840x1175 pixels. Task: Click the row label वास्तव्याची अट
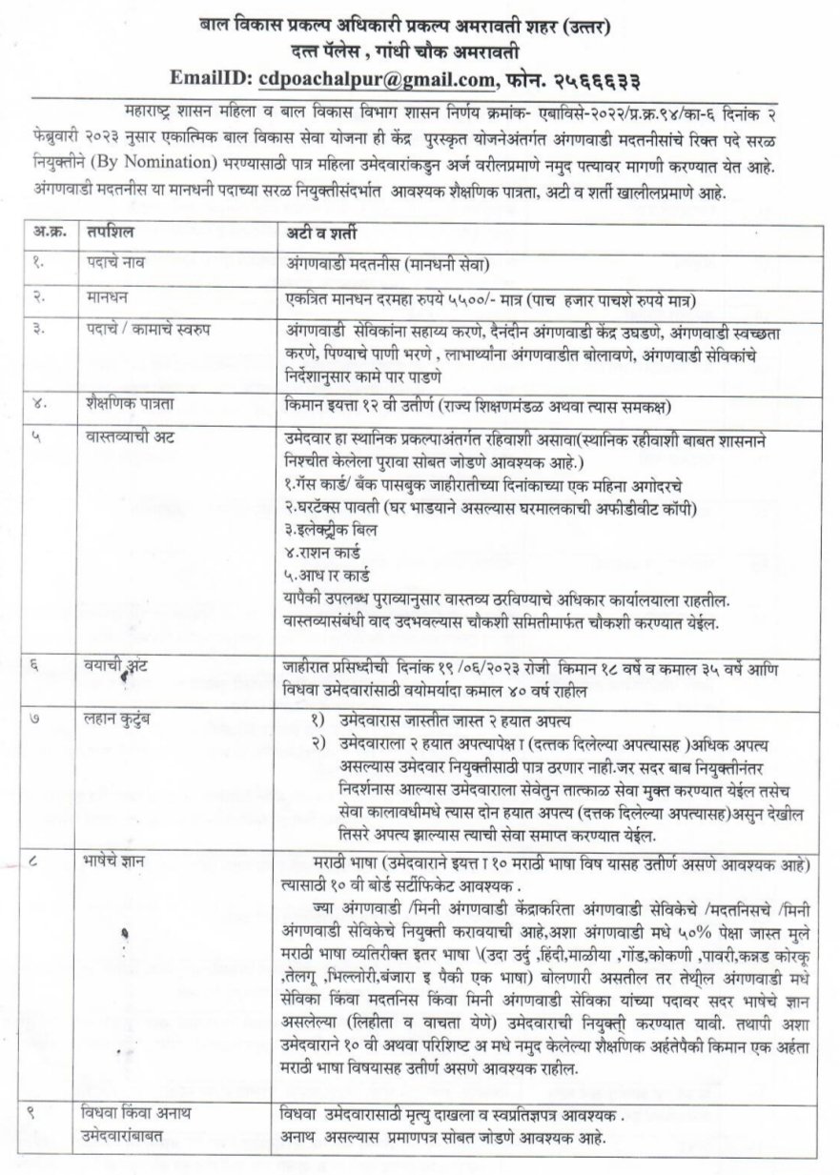pyautogui.click(x=117, y=436)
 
